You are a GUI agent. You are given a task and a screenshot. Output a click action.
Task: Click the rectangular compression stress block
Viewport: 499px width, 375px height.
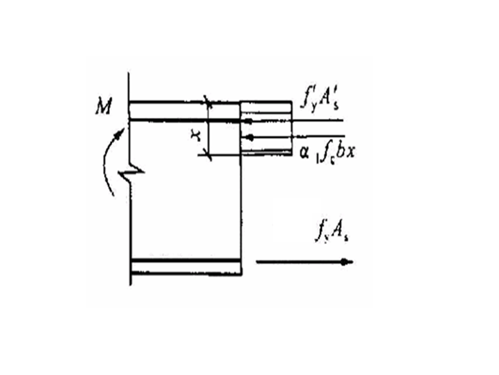pyautogui.click(x=265, y=128)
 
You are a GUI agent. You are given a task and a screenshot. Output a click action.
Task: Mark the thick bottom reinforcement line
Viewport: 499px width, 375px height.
pyautogui.click(x=185, y=260)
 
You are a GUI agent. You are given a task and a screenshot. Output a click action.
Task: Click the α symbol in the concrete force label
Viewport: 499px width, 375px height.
pyautogui.click(x=305, y=154)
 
